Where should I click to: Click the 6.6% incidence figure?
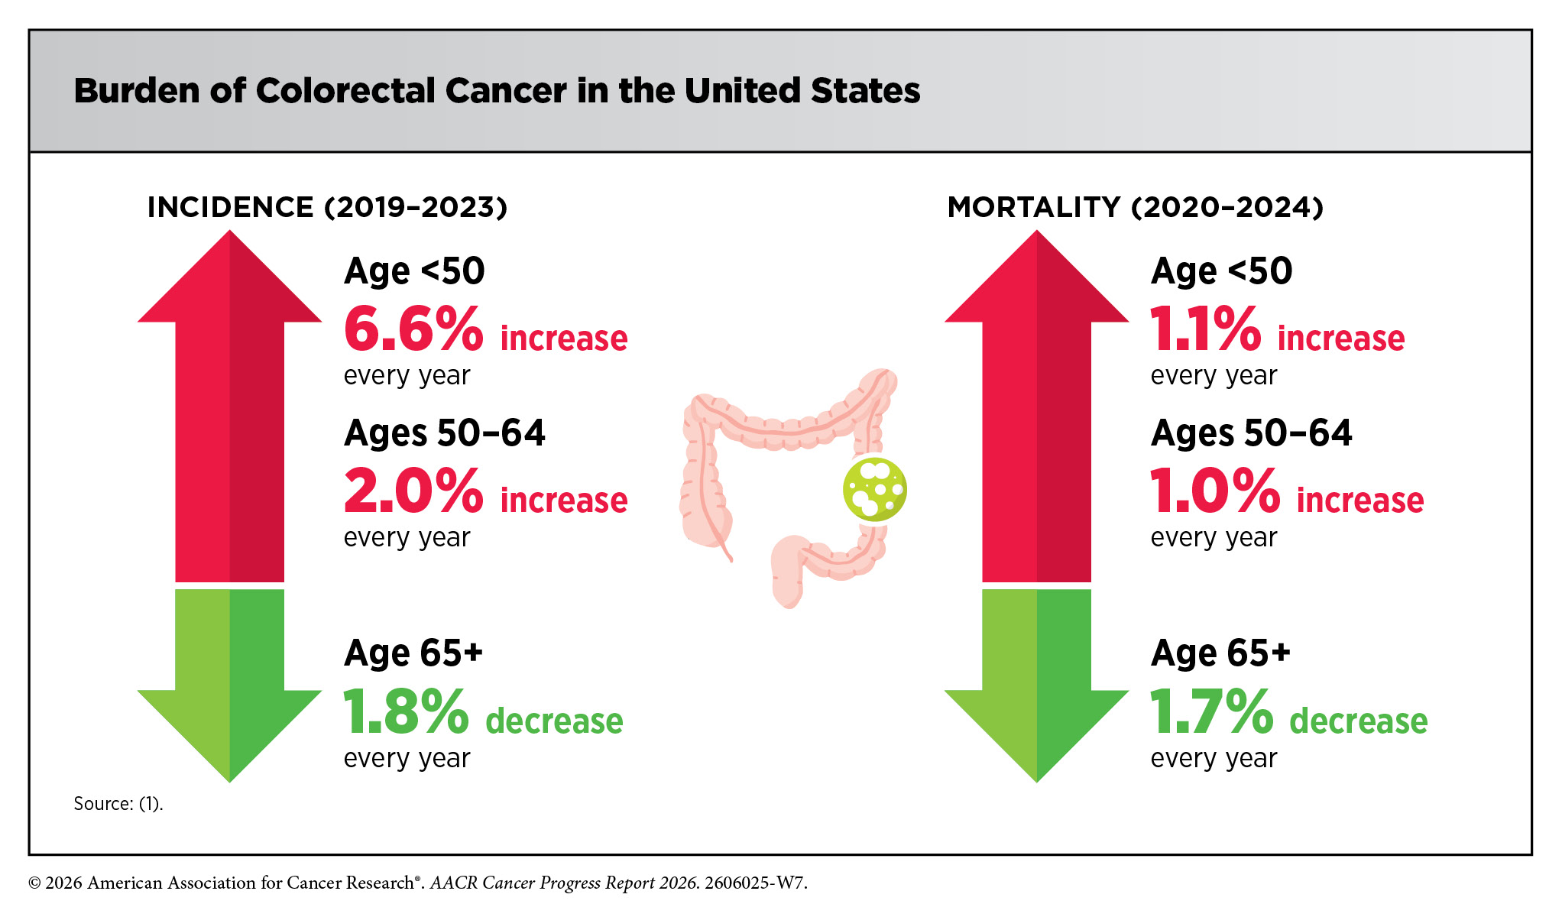[x=413, y=329]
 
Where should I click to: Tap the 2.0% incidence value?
[x=413, y=491]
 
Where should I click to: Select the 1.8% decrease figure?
[x=406, y=711]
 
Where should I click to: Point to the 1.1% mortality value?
[x=1205, y=329]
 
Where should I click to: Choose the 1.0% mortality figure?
[x=1215, y=491]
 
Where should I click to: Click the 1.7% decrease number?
[x=1212, y=711]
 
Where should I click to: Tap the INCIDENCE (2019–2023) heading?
[x=327, y=207]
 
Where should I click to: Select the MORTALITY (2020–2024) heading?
[x=1136, y=207]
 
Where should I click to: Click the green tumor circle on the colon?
[x=875, y=489]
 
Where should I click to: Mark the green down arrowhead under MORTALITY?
[x=1037, y=735]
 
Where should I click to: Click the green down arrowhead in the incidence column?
[x=229, y=735]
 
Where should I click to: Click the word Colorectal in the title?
[x=345, y=90]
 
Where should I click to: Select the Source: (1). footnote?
[x=118, y=804]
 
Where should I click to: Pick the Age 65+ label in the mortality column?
[x=1220, y=653]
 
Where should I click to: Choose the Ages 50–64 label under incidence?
[x=445, y=433]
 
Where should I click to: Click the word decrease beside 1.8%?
[x=554, y=721]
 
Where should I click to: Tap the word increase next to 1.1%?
[x=1341, y=338]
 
